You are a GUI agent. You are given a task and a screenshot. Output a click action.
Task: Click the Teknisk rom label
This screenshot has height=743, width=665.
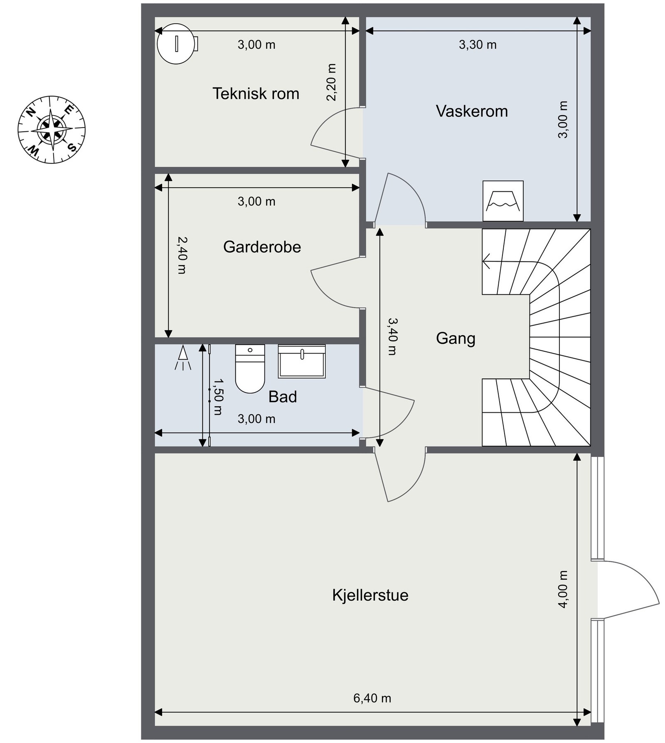[x=256, y=94]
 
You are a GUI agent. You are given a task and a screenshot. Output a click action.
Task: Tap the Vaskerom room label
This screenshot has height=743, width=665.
[x=472, y=111]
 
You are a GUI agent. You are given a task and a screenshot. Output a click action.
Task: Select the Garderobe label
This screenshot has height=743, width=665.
[x=262, y=247]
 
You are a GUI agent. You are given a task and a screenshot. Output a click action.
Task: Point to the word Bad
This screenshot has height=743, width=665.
[x=283, y=397]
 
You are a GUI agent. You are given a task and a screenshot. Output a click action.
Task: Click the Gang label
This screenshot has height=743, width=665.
[x=456, y=338]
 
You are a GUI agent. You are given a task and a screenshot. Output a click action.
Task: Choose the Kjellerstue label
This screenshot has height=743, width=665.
[x=370, y=595]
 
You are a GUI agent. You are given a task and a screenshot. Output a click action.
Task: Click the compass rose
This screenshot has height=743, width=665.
[x=52, y=129]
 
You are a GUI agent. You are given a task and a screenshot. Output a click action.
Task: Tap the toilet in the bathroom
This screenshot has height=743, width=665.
[x=250, y=368]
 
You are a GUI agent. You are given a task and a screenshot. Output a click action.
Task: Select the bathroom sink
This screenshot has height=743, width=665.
[x=302, y=361]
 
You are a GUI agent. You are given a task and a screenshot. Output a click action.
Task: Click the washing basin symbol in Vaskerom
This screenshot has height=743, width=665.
[x=503, y=201]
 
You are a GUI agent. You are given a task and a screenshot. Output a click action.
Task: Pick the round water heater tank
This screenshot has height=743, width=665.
[x=177, y=44]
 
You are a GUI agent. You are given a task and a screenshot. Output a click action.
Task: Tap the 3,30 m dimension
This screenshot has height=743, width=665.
[x=478, y=44]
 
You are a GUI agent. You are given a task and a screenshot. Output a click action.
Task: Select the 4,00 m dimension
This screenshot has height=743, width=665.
[x=563, y=589]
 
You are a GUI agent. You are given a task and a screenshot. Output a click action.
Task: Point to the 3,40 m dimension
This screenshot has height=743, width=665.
[x=392, y=336]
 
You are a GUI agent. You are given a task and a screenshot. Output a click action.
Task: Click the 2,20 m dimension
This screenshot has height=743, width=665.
[x=331, y=82]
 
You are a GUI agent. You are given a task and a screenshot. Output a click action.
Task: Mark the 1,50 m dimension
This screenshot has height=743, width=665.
[x=218, y=397]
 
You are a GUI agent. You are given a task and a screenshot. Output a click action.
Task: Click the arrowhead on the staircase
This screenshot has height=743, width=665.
[x=486, y=262]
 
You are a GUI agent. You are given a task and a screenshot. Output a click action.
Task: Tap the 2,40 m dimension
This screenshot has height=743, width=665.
[x=182, y=255]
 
